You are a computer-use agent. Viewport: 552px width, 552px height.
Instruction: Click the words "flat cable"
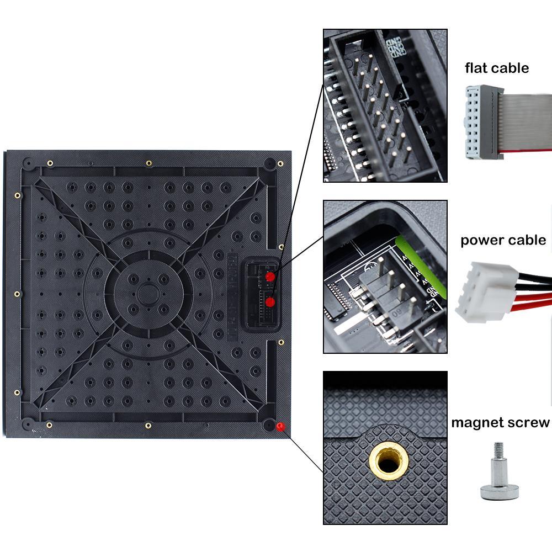496,68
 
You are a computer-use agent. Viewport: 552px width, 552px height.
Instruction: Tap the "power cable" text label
503,240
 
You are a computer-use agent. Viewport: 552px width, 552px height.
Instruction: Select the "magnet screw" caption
500,423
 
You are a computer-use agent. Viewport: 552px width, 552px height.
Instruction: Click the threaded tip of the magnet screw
498,449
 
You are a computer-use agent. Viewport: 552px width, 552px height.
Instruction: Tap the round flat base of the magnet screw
499,491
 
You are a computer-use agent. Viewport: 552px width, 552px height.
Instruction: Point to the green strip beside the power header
411,259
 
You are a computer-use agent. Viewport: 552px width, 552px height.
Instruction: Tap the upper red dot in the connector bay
270,276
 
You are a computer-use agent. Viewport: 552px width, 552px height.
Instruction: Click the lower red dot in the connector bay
270,302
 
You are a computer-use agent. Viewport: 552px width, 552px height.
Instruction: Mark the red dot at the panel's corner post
280,427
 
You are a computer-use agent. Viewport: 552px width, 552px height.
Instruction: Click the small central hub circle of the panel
148,294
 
